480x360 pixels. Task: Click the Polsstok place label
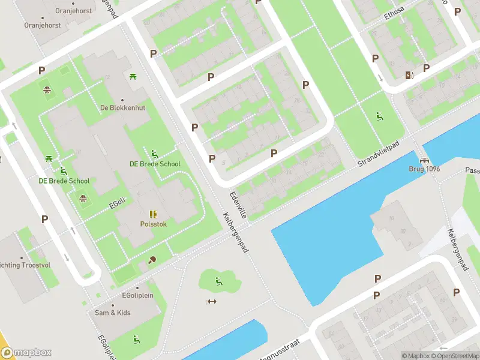click(152, 223)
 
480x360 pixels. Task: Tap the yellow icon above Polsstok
click(153, 214)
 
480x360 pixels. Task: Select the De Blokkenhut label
click(122, 108)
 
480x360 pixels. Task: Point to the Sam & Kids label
click(112, 313)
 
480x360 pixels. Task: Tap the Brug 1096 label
click(424, 169)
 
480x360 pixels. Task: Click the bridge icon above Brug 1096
click(425, 160)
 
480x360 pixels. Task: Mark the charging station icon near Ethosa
click(409, 75)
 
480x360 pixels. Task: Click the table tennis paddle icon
click(151, 260)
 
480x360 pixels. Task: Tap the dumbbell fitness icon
click(211, 301)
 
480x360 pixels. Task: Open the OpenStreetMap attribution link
click(454, 356)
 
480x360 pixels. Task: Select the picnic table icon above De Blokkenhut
click(133, 76)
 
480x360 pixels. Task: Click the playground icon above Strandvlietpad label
click(380, 116)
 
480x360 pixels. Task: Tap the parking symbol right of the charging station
click(426, 68)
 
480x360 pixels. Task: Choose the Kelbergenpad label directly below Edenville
click(238, 232)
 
